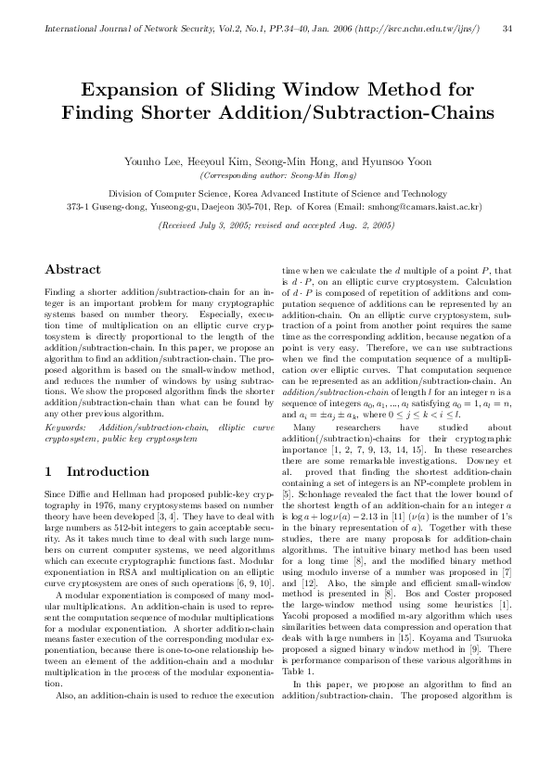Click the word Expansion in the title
(136, 90)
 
